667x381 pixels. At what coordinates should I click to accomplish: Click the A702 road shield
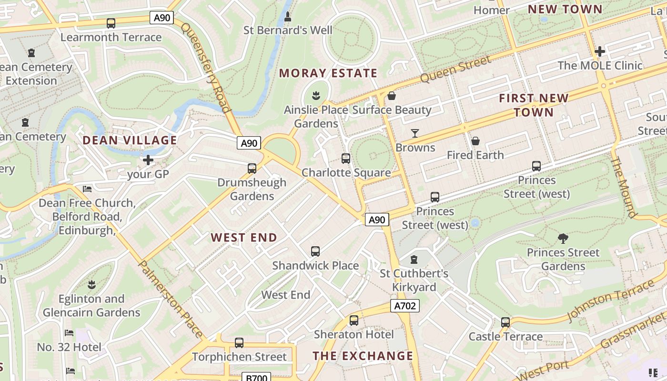(x=405, y=306)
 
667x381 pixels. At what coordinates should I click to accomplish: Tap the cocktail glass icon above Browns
(x=415, y=133)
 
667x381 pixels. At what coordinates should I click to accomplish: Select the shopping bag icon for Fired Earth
(x=475, y=141)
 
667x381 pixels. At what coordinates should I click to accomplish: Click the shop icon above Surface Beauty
(x=392, y=96)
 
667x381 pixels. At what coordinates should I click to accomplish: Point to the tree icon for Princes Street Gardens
(x=563, y=238)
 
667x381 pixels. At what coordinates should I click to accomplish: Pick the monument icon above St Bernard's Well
(x=288, y=17)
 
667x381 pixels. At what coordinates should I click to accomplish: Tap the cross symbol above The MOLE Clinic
(x=600, y=51)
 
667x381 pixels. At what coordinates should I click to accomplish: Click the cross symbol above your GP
(x=148, y=160)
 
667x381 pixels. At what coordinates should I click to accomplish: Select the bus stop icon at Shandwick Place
(x=315, y=251)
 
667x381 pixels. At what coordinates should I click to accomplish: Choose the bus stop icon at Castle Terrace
(x=505, y=322)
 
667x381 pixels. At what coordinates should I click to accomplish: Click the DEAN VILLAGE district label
(x=130, y=140)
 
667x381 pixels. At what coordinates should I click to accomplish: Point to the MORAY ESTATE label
(x=328, y=73)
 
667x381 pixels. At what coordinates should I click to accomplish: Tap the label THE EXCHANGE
(x=363, y=356)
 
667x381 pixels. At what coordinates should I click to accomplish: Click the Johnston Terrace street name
(x=612, y=301)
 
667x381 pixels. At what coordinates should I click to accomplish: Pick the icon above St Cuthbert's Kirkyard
(x=414, y=260)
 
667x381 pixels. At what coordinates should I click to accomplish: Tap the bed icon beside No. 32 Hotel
(x=70, y=333)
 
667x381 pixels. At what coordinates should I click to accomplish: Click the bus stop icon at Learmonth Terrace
(x=111, y=23)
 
